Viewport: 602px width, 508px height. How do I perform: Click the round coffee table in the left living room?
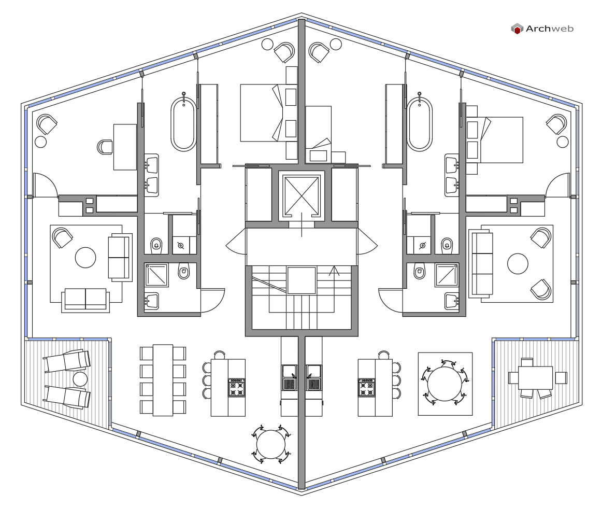pyautogui.click(x=85, y=258)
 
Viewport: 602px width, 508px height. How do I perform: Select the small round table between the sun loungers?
pyautogui.click(x=80, y=379)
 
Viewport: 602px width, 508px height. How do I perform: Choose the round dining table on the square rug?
pyautogui.click(x=446, y=384)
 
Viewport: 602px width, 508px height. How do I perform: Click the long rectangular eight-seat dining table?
pyautogui.click(x=163, y=380)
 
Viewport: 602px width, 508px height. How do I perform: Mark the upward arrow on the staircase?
pyautogui.click(x=334, y=271)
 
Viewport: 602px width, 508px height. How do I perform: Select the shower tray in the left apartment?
pyautogui.click(x=157, y=275)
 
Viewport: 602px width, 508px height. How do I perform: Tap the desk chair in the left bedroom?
pyautogui.click(x=105, y=147)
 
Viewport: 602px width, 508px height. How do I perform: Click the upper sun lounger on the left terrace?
pyautogui.click(x=67, y=361)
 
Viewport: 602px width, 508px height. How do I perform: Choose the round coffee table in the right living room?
pyautogui.click(x=518, y=264)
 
